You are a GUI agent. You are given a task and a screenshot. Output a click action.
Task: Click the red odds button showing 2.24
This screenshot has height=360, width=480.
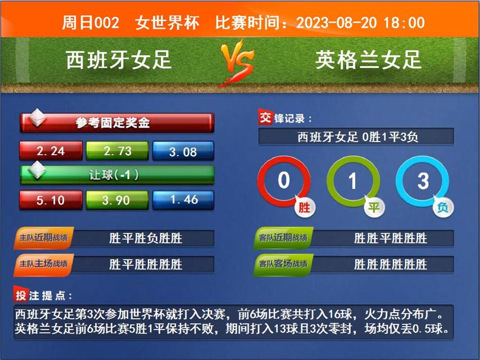[x=51, y=151]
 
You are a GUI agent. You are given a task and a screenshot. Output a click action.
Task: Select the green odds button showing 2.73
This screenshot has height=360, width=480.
[x=117, y=151]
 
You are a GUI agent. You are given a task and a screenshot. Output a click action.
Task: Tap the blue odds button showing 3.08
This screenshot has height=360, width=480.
[x=183, y=151]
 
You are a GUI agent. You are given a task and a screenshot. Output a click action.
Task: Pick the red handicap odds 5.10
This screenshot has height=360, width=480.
[x=51, y=200]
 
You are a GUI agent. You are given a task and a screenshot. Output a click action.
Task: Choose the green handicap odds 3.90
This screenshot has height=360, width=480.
[x=117, y=200]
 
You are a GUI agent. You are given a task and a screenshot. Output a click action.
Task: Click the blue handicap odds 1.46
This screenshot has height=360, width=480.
[x=183, y=200]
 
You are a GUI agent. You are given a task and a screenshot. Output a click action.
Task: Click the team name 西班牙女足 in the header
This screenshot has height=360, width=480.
[x=119, y=60]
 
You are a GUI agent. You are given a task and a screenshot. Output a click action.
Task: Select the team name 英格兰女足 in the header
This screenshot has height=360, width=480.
[x=368, y=60]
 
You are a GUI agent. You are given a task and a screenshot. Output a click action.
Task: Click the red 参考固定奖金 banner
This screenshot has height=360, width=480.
[x=117, y=122]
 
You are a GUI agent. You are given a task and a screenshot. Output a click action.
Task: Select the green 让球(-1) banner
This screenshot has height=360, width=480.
[x=117, y=175]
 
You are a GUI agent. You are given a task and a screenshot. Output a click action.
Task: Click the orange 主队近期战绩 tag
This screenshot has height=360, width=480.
[x=43, y=238]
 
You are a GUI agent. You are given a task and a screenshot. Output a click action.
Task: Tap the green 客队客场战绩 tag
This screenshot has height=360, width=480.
[x=283, y=264]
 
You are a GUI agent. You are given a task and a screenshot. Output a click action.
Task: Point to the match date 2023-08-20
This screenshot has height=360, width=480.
[x=336, y=23]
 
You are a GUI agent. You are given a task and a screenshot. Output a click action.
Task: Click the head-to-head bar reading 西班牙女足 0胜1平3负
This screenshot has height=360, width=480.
[x=356, y=137]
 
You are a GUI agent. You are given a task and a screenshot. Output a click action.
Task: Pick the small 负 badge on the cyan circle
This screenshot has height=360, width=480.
[x=443, y=208]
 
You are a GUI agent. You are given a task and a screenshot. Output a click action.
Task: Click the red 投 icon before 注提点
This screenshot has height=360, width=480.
[x=21, y=295]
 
